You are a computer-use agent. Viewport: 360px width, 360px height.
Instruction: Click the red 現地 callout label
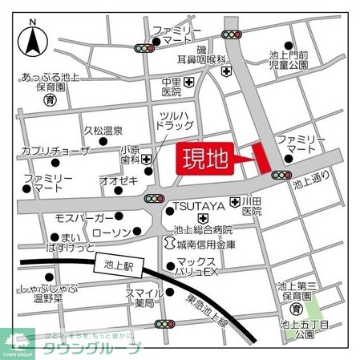tap(204, 157)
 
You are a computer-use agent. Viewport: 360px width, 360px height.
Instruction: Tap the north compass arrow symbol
tap(33, 40)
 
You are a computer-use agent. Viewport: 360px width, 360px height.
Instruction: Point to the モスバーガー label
tap(84, 218)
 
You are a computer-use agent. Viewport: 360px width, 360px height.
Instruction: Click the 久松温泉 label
tap(103, 130)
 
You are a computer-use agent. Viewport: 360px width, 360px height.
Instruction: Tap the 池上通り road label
tap(311, 184)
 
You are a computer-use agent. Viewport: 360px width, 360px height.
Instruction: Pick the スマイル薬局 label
tap(144, 297)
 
